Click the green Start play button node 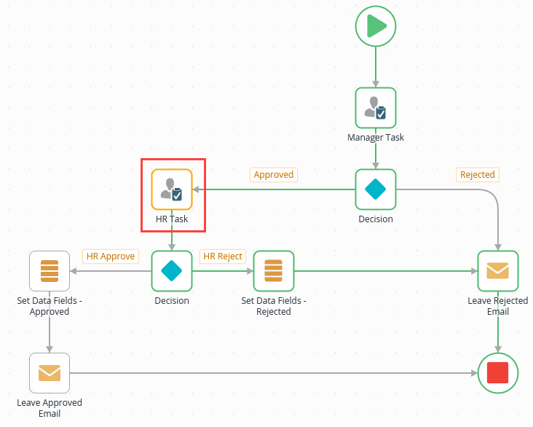376,26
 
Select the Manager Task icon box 376,108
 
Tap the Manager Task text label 376,138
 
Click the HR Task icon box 172,189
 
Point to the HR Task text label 172,219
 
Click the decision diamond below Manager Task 376,189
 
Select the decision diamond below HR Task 172,271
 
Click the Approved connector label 274,175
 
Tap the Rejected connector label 478,175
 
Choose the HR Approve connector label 111,256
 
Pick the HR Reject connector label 223,256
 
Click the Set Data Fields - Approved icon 50,271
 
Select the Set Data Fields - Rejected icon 274,271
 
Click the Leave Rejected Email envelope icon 498,271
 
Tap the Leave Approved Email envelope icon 50,373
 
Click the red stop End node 498,373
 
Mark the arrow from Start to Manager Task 376,66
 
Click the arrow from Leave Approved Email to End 277,373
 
